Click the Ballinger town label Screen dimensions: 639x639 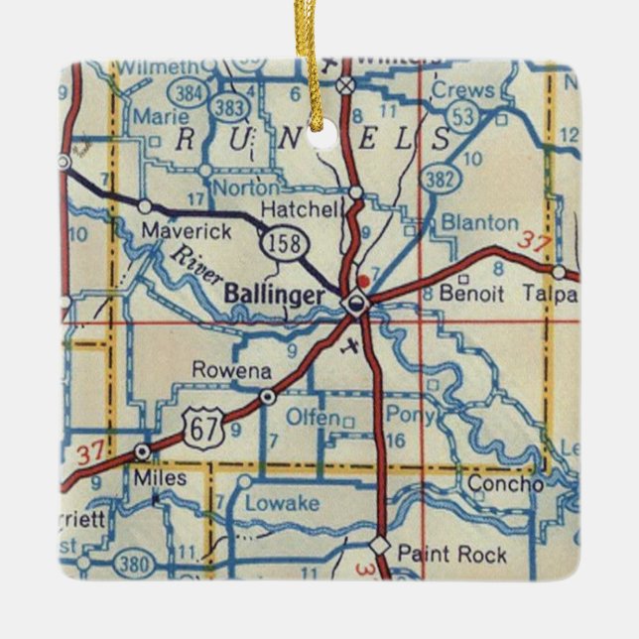[x=273, y=295]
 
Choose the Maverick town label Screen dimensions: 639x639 [x=187, y=230]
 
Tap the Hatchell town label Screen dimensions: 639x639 [x=300, y=208]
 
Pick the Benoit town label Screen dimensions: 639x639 [x=472, y=295]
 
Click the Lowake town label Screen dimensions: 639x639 [x=283, y=503]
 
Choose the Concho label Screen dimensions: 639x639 [x=505, y=484]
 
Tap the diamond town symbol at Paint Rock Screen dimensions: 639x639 [x=379, y=545]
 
